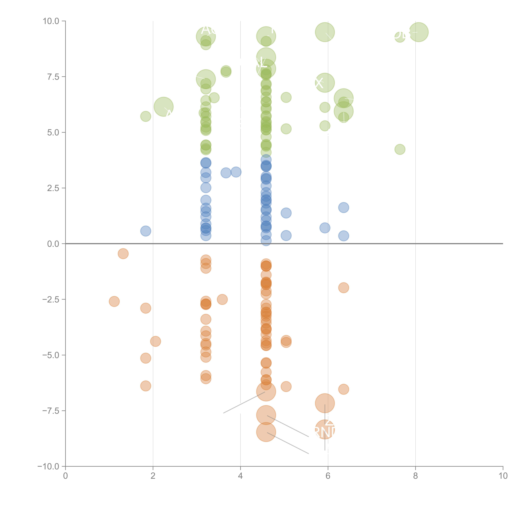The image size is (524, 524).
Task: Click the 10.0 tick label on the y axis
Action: [x=51, y=21]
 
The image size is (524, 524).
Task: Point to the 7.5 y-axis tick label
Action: [x=53, y=77]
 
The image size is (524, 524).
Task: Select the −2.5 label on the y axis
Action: [x=51, y=299]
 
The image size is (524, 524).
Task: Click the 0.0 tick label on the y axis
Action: [x=53, y=244]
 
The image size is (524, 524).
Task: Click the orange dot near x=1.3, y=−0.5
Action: [x=123, y=254]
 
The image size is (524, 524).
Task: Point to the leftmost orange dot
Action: [x=114, y=301]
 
